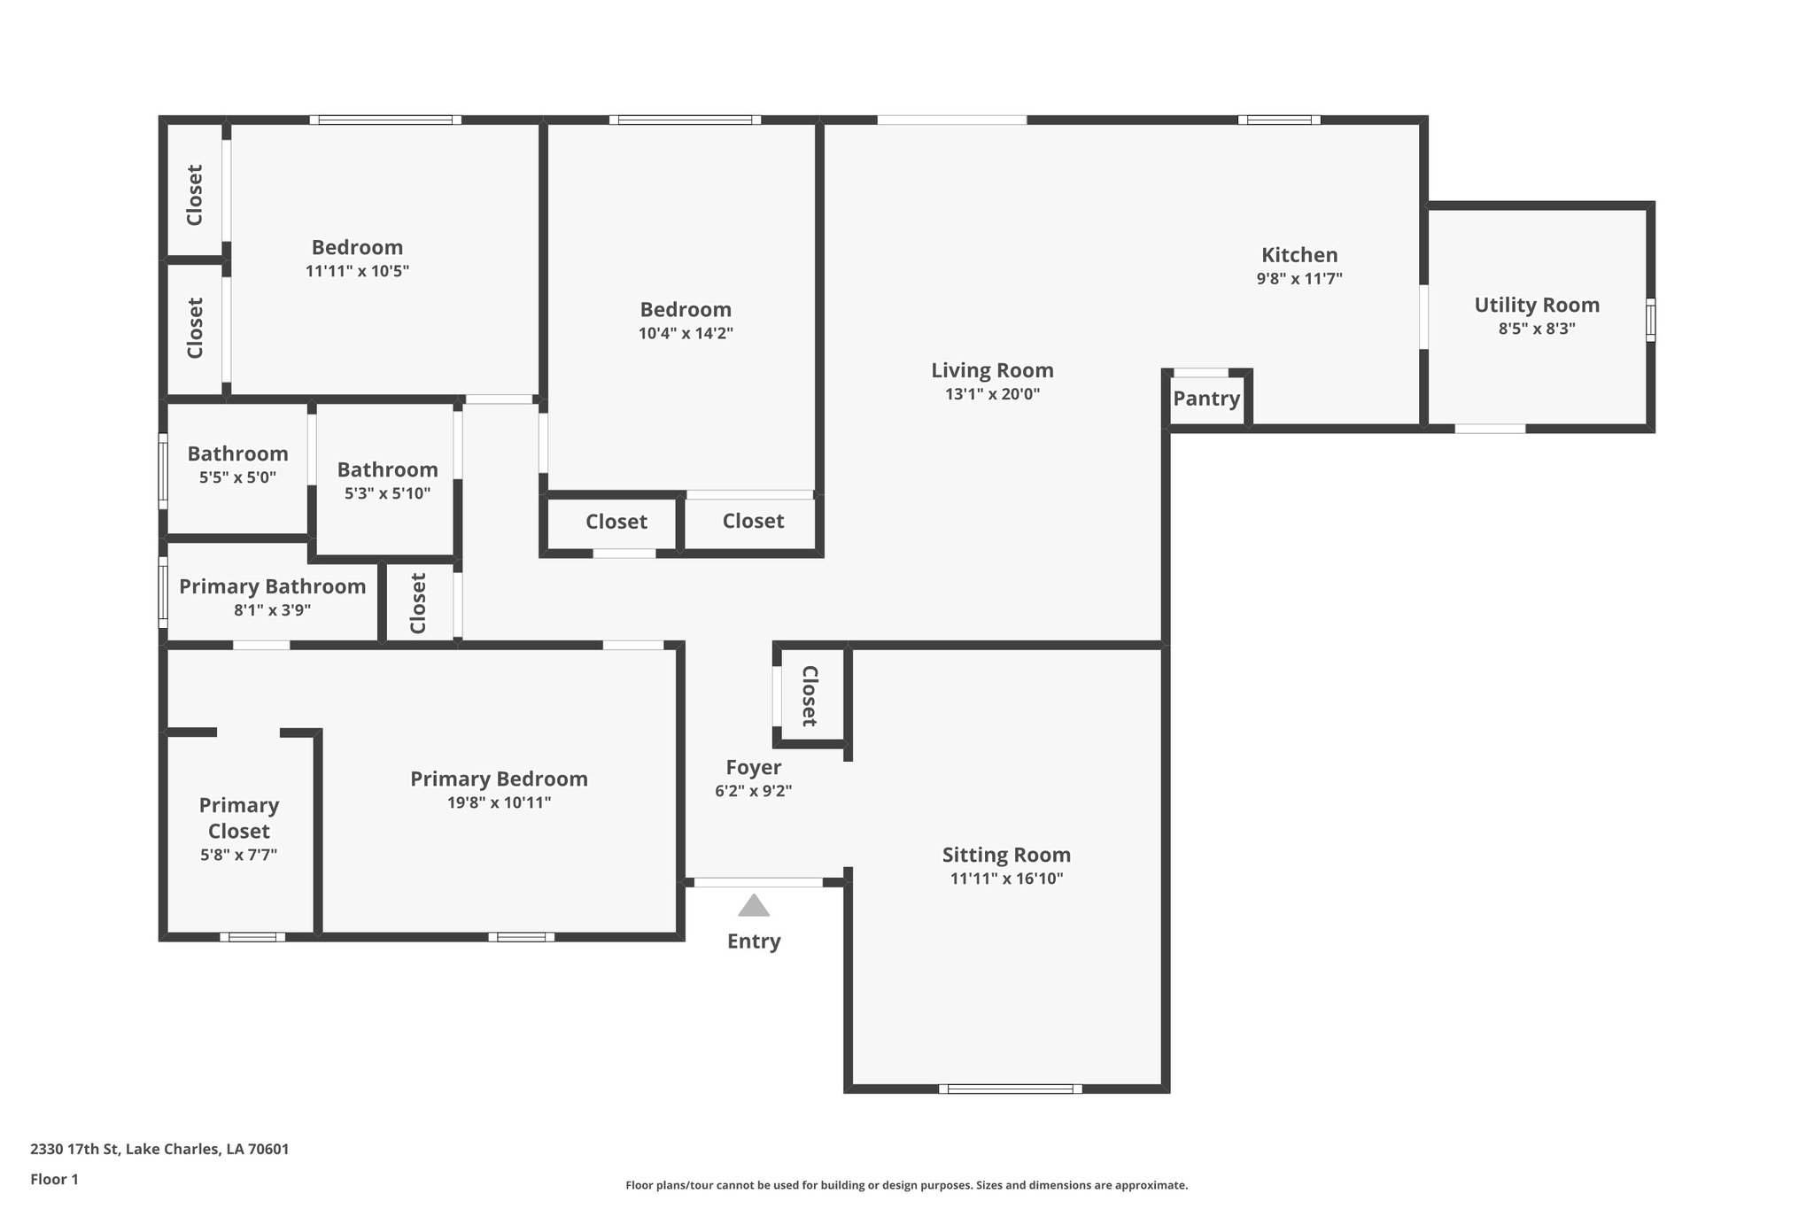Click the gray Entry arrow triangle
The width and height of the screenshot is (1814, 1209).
click(x=754, y=905)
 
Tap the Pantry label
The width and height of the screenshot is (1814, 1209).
click(x=1206, y=399)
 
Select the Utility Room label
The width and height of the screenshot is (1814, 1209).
click(x=1537, y=305)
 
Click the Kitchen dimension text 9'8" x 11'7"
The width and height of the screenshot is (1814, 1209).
click(x=1299, y=278)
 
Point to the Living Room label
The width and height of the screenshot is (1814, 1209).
click(x=992, y=370)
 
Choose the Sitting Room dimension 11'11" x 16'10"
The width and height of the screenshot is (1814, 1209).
click(x=1006, y=879)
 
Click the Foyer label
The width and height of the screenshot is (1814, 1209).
click(x=754, y=767)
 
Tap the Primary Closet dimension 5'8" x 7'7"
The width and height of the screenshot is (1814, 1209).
click(x=239, y=855)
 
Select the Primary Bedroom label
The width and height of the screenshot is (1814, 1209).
click(x=499, y=779)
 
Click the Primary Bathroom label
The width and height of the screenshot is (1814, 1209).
click(x=272, y=586)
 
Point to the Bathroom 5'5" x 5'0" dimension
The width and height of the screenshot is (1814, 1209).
click(x=237, y=477)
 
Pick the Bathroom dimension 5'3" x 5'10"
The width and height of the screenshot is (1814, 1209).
click(x=387, y=493)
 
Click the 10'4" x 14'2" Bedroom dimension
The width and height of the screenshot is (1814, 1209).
click(x=686, y=333)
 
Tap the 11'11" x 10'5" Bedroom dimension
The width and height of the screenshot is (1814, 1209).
click(x=357, y=271)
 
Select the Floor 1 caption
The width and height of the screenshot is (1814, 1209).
click(x=54, y=1179)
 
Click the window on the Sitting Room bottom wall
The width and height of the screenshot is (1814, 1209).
click(x=1010, y=1089)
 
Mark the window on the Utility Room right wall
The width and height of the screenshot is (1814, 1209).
click(x=1650, y=320)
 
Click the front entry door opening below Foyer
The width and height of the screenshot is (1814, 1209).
click(x=757, y=882)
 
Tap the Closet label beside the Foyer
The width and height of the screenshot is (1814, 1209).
click(x=810, y=696)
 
